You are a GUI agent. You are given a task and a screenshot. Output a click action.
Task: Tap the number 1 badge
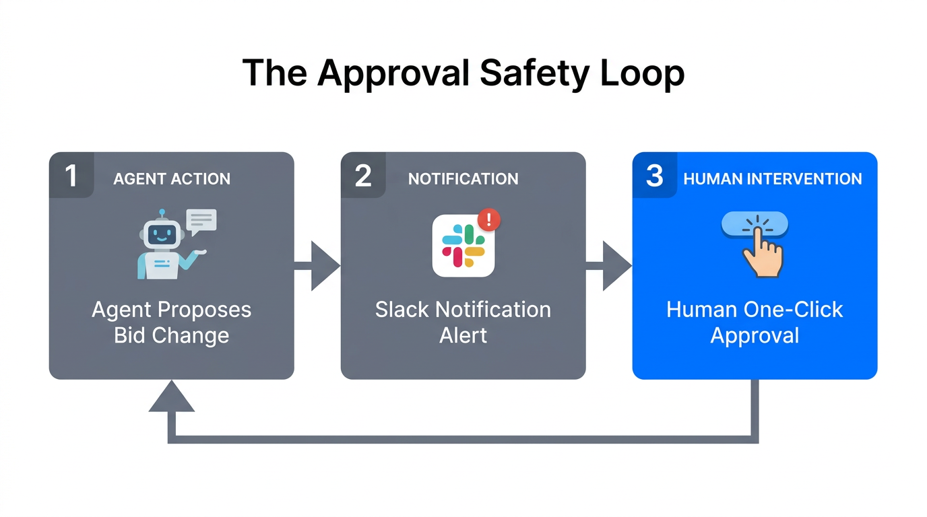point(71,176)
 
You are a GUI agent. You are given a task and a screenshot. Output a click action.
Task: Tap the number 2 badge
point(363,176)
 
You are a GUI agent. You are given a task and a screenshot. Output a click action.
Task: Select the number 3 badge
point(654,176)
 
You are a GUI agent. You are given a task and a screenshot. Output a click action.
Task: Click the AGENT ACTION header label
point(172,179)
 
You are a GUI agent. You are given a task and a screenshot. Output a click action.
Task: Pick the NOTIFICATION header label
point(463,179)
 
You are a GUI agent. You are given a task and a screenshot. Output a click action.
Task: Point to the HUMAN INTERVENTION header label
point(773,179)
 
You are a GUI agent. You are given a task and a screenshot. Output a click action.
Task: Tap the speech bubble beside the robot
point(201,221)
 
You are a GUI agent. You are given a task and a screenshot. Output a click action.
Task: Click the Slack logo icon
point(463,246)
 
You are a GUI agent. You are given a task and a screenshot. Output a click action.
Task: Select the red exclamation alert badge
point(488,219)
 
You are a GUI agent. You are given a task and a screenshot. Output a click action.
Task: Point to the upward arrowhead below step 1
point(172,397)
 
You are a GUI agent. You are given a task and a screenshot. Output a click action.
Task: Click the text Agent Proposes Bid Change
point(172,322)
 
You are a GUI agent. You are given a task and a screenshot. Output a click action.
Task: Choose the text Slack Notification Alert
point(463,322)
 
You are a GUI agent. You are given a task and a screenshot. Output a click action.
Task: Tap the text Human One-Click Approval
point(755,322)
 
